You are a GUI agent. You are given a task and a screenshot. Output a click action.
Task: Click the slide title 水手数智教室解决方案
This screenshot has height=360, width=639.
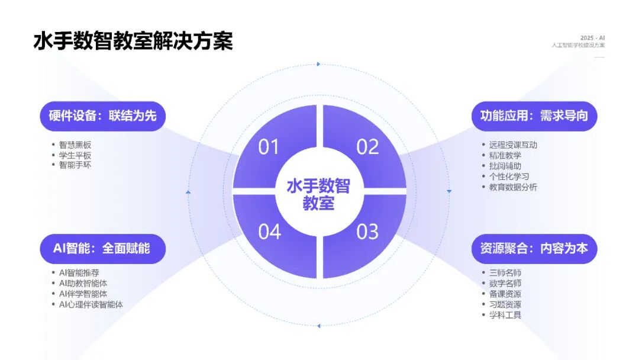tap(133, 41)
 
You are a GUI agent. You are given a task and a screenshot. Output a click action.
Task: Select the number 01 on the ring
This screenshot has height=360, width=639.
tap(269, 146)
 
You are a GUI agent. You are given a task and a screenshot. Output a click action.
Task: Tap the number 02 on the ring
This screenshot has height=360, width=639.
tap(367, 146)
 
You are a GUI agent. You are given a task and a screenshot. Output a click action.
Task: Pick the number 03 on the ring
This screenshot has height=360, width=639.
tap(367, 232)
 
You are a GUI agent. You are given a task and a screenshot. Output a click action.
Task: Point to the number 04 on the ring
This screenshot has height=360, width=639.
tap(269, 232)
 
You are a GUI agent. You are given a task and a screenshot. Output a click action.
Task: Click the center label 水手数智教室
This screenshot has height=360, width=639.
tap(318, 194)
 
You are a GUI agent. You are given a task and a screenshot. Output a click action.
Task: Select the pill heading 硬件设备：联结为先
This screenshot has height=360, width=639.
tap(102, 115)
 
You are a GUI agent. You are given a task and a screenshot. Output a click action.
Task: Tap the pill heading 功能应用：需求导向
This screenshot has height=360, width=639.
tap(534, 115)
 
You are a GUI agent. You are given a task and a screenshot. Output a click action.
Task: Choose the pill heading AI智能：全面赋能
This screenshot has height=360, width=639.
tap(102, 248)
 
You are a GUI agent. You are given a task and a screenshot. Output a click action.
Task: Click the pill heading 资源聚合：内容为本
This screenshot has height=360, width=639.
tap(534, 248)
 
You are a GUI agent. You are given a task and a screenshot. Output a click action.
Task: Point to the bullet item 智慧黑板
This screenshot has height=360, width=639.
tap(75, 144)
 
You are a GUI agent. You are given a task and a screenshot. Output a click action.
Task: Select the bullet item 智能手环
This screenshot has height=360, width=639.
tap(75, 165)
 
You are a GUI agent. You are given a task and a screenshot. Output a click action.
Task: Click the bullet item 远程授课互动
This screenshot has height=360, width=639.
tap(513, 144)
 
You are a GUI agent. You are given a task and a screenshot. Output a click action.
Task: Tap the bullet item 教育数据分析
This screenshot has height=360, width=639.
tap(513, 187)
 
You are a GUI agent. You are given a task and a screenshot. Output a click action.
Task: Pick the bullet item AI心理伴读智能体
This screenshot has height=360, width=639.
tap(91, 304)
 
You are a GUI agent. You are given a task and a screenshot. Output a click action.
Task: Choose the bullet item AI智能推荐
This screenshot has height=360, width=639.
tap(79, 273)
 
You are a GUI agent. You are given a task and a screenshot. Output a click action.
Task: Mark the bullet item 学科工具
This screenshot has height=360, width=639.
tap(505, 315)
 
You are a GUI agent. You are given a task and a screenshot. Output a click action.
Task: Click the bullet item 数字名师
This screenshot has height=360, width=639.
tap(505, 284)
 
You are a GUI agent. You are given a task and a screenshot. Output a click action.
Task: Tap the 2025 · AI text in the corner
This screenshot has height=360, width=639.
tap(593, 37)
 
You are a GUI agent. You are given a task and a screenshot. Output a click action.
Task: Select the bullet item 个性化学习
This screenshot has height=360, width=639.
tap(509, 176)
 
